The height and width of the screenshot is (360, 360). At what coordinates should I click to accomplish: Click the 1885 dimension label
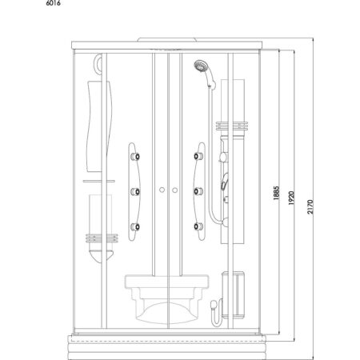pyautogui.click(x=276, y=193)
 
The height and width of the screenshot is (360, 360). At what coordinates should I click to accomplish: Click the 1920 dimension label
pyautogui.click(x=291, y=198)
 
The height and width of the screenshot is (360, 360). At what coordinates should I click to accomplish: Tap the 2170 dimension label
pyautogui.click(x=310, y=207)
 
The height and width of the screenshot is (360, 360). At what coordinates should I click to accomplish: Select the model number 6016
pyautogui.click(x=54, y=3)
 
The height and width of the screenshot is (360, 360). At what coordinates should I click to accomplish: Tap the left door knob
pyautogui.click(x=162, y=190)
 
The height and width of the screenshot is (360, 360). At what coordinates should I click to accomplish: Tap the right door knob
pyautogui.click(x=174, y=190)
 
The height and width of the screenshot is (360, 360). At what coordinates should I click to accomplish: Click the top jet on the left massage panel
pyautogui.click(x=135, y=157)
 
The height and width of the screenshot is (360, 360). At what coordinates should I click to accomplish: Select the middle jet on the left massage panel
pyautogui.click(x=135, y=191)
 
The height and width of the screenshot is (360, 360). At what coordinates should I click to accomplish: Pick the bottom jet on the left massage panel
pyautogui.click(x=135, y=226)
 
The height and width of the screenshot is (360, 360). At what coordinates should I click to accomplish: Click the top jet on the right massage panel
pyautogui.click(x=198, y=156)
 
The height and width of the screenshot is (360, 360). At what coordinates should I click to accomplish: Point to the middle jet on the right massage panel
pyautogui.click(x=198, y=191)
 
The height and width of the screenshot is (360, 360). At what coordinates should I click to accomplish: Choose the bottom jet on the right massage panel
pyautogui.click(x=198, y=226)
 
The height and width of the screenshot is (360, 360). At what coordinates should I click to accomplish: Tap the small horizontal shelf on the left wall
pyautogui.click(x=99, y=181)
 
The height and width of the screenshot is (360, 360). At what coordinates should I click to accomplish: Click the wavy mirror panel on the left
pyautogui.click(x=99, y=126)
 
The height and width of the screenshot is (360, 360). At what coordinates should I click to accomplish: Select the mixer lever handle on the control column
pyautogui.click(x=224, y=182)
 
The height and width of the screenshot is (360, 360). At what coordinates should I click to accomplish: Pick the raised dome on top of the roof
pyautogui.click(x=167, y=39)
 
